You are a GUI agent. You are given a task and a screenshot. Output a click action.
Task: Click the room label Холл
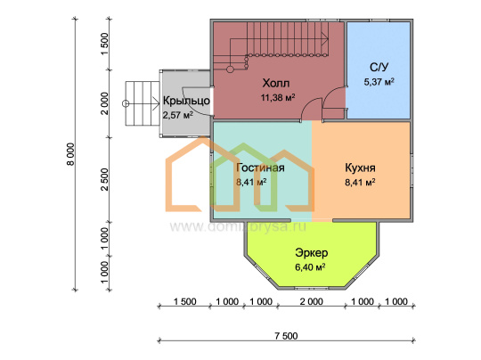276,83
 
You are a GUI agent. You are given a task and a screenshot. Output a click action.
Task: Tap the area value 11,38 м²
278,98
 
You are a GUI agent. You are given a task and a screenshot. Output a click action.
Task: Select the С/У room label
379,67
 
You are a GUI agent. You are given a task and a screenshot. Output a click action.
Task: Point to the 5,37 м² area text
379,82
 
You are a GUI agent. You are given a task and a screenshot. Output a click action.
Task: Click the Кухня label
360,168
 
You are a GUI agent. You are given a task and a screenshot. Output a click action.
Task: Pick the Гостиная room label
260,168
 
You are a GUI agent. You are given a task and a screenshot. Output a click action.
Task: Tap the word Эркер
312,253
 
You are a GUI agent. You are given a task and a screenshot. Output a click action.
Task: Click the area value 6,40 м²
310,267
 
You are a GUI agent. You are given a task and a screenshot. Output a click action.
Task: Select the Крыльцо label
186,101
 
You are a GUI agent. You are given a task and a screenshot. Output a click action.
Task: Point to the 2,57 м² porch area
177,115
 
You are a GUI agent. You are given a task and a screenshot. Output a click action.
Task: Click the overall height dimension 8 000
70,154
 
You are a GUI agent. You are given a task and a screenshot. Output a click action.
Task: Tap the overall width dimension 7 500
286,336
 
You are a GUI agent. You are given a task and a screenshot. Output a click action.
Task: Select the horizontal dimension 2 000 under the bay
312,302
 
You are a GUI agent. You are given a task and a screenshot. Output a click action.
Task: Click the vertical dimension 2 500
104,179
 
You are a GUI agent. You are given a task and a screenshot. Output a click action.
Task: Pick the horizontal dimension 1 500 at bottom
184,302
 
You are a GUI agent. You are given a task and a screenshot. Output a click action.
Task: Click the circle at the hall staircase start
230,70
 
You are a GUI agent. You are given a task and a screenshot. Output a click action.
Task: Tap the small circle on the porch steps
126,103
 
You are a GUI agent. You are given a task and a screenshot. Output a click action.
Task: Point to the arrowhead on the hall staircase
325,39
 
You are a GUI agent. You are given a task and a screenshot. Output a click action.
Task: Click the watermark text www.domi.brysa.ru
238,227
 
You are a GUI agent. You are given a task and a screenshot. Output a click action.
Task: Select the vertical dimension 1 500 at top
104,45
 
